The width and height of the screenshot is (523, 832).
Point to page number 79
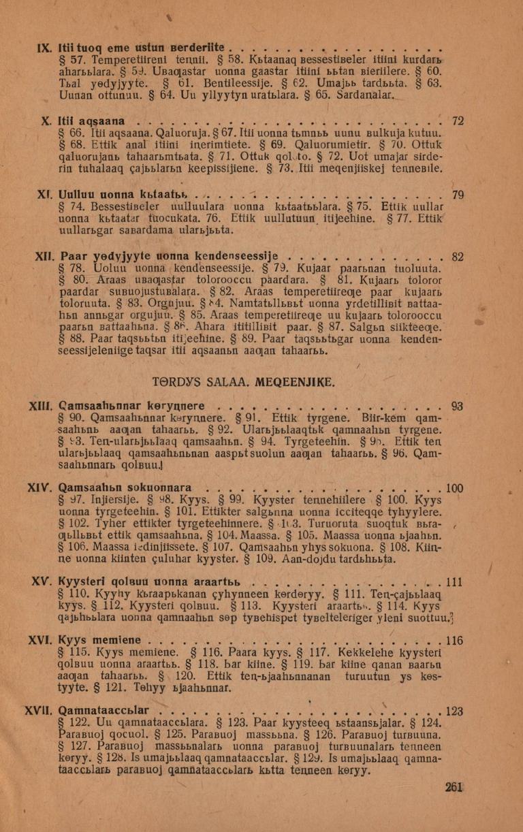pyautogui.click(x=458, y=195)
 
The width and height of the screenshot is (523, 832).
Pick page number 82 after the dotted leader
pyautogui.click(x=458, y=257)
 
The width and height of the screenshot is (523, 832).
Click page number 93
pyautogui.click(x=457, y=406)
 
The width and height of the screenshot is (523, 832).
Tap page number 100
pyautogui.click(x=454, y=487)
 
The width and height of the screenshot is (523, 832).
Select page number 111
pyautogui.click(x=454, y=581)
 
